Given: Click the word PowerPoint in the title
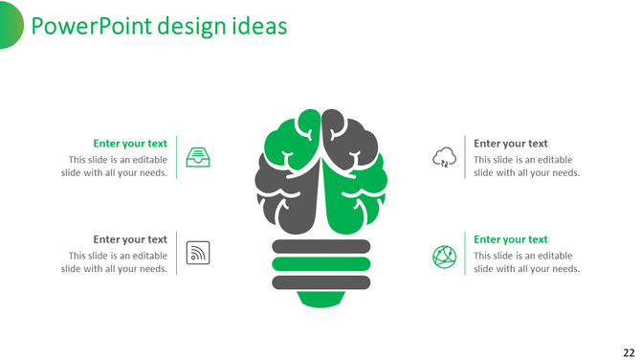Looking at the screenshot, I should [83, 26].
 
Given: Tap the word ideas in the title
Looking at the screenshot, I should [262, 26].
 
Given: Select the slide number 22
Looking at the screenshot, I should [628, 350].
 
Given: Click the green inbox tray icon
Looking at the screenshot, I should [198, 157].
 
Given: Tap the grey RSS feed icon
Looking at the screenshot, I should [198, 252].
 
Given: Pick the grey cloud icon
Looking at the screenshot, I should [444, 157].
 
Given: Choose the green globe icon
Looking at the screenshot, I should [444, 256].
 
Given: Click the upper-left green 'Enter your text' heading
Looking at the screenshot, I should [130, 144].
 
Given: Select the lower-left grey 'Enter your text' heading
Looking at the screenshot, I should [130, 239].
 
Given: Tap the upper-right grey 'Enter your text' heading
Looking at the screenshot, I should [511, 144].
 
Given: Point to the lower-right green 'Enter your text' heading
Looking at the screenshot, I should [511, 239].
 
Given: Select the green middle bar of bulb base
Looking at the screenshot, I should [320, 263].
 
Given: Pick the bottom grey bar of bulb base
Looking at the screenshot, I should [320, 281].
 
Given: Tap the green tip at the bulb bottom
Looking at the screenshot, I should [320, 299].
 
